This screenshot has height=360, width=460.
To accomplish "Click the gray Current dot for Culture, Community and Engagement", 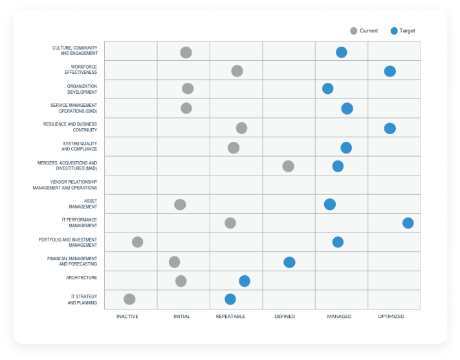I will [186, 52].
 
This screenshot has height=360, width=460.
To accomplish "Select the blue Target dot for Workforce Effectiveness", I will [389, 71].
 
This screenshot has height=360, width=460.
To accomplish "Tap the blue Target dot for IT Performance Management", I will [408, 223].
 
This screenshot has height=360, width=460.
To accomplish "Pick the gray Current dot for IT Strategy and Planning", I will [129, 299].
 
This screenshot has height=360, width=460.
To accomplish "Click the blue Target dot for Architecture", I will [244, 281].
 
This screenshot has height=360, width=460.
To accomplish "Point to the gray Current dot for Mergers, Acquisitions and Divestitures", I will [288, 166].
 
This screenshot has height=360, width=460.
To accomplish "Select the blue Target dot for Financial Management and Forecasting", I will [289, 262].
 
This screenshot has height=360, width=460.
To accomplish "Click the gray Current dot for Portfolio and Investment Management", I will [137, 242].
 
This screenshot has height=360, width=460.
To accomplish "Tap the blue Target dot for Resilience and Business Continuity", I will [389, 128].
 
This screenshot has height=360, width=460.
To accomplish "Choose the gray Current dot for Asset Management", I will [180, 205].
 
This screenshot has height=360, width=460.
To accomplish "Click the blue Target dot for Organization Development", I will [328, 89].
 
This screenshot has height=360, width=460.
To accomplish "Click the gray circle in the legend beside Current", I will [353, 31].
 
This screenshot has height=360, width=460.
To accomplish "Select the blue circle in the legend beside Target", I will [394, 31].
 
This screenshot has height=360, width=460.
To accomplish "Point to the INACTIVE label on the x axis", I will [127, 317].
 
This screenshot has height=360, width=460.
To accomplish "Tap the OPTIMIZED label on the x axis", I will [391, 317].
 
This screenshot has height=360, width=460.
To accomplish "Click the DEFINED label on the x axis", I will [285, 317].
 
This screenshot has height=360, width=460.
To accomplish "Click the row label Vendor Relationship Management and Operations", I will [65, 185].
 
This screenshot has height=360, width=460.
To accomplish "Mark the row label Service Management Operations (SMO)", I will [74, 108].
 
